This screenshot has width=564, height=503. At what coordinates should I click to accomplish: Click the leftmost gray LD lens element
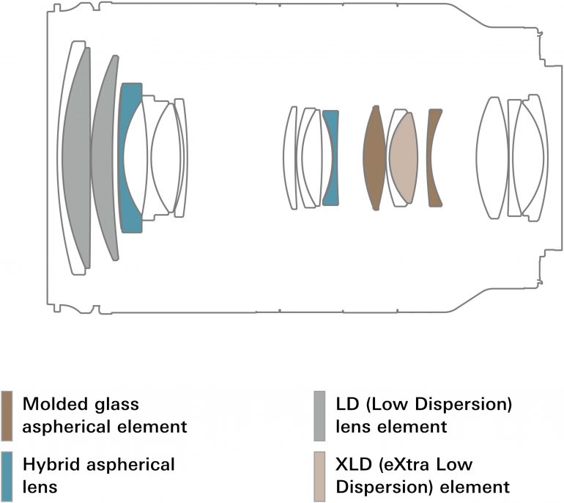(x=75, y=158)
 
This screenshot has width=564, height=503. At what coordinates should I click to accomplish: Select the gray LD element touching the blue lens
(x=105, y=158)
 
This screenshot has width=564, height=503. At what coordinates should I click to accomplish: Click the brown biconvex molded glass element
(x=374, y=158)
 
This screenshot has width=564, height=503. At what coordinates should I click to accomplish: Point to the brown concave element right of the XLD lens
(x=434, y=157)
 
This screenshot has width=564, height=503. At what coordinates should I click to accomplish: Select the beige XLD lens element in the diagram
(x=402, y=158)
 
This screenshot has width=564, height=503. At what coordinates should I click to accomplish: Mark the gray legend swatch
(x=319, y=415)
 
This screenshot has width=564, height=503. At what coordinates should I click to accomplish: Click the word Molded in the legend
(x=51, y=404)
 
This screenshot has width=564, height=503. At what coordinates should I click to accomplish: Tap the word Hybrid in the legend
(x=48, y=464)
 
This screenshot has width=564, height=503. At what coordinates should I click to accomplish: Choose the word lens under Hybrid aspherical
(x=38, y=485)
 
